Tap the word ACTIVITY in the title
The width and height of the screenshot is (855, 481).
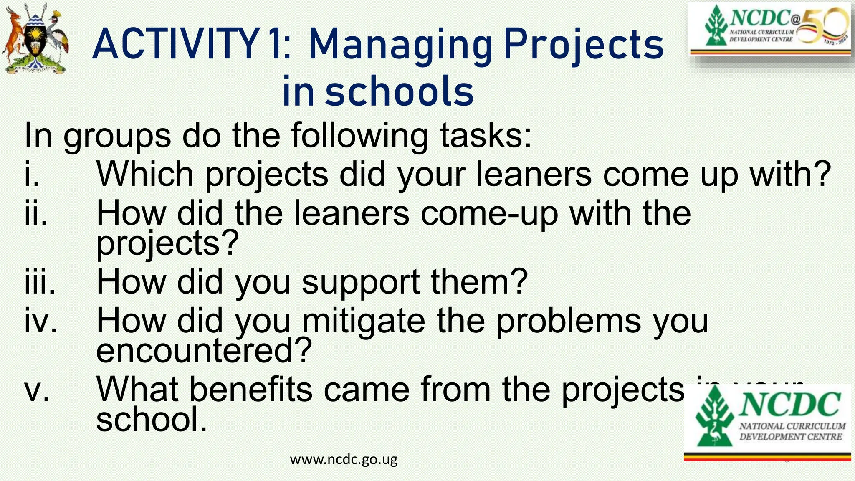[175, 45]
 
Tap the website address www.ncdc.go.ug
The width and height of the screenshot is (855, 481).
[344, 459]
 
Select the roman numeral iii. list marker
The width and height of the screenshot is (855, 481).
[40, 282]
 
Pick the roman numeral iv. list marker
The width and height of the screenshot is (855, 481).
[41, 321]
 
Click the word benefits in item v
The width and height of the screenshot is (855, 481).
[251, 389]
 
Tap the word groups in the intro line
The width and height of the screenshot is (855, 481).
[117, 136]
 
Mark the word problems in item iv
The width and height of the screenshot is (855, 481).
[568, 321]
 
